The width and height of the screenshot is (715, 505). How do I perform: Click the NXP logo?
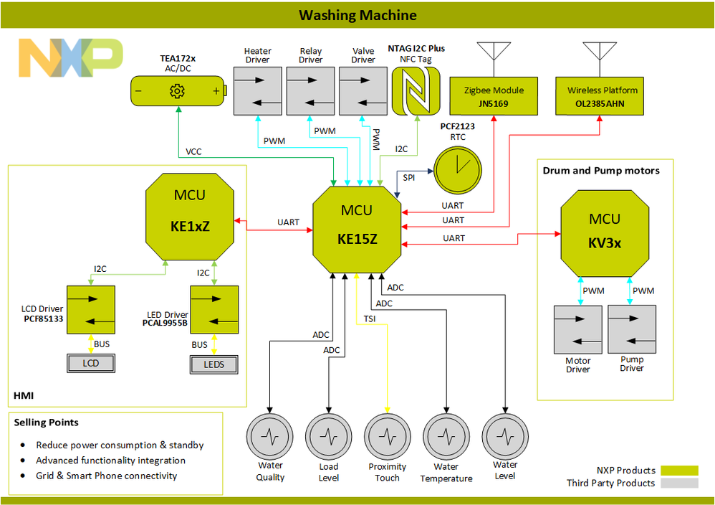(x=70, y=57)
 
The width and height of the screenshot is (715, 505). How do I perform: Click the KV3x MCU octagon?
(x=605, y=231)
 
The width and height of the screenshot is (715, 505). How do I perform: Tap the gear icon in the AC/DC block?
(x=177, y=91)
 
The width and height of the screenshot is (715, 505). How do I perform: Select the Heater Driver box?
(x=257, y=91)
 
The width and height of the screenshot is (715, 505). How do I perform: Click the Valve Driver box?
(x=363, y=91)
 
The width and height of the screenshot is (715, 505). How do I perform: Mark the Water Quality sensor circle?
(x=270, y=435)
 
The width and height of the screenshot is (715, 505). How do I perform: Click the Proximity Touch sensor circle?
(x=388, y=435)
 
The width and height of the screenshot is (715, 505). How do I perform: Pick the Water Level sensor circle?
(x=505, y=435)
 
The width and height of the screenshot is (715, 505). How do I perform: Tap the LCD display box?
(x=91, y=363)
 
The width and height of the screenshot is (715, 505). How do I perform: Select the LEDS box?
(x=213, y=364)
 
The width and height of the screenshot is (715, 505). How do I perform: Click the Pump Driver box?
(x=632, y=329)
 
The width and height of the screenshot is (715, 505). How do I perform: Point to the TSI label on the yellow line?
(x=370, y=318)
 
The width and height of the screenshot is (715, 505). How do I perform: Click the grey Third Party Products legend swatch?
(x=679, y=483)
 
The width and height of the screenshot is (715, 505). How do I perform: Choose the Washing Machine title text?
(x=357, y=15)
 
